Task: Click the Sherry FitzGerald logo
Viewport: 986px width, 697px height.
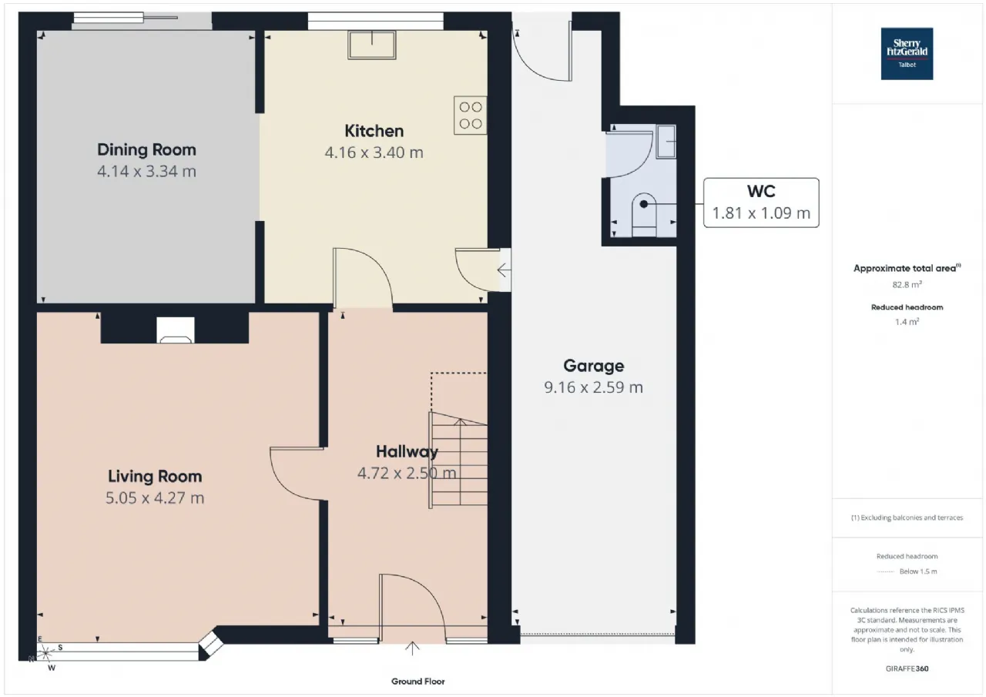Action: pyautogui.click(x=907, y=54)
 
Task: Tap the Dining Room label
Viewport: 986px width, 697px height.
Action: pyautogui.click(x=146, y=150)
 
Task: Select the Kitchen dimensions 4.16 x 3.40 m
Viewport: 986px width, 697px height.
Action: pyautogui.click(x=374, y=152)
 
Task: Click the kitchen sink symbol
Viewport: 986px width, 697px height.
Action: pyautogui.click(x=372, y=45)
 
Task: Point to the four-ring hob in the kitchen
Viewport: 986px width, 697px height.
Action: pyautogui.click(x=471, y=116)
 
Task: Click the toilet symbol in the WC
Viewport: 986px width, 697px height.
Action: pyautogui.click(x=644, y=215)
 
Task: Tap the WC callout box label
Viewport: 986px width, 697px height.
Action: pyautogui.click(x=761, y=192)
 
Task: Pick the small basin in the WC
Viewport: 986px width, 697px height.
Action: pyautogui.click(x=666, y=141)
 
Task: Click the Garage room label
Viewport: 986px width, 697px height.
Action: pyautogui.click(x=593, y=366)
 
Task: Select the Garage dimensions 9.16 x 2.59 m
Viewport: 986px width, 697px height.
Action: pyautogui.click(x=593, y=387)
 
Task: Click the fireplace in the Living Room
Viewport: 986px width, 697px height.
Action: pyautogui.click(x=176, y=330)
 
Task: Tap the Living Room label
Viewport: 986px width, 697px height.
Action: pyautogui.click(x=155, y=477)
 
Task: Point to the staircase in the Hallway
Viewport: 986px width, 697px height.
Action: pyautogui.click(x=458, y=460)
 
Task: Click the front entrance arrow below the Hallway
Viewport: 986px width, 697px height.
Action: pyautogui.click(x=412, y=648)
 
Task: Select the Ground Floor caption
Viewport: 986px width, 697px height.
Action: pyautogui.click(x=418, y=681)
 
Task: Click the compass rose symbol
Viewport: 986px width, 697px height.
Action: pyautogui.click(x=45, y=653)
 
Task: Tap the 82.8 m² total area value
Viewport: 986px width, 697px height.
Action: pyautogui.click(x=907, y=285)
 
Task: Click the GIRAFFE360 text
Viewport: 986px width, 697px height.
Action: pyautogui.click(x=907, y=669)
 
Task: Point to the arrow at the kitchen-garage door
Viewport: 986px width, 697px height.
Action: pyautogui.click(x=504, y=270)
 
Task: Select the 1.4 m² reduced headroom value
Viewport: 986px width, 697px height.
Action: pyautogui.click(x=907, y=322)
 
